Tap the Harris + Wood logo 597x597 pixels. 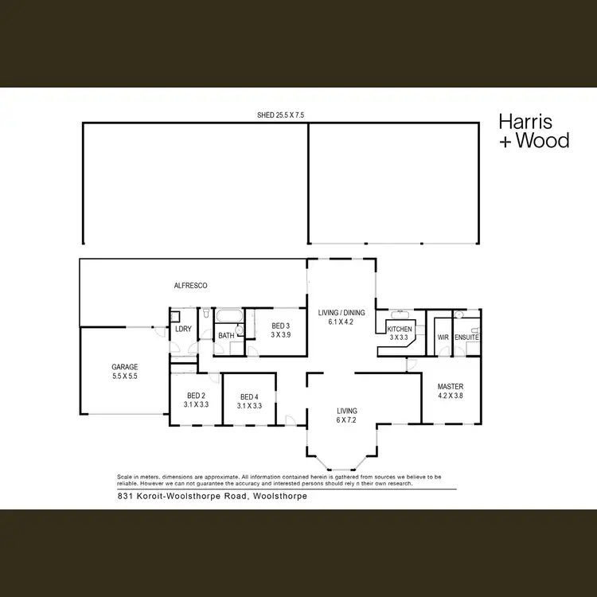[x=533, y=131]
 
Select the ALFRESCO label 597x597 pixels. [x=191, y=285]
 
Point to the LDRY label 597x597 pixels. [x=183, y=329]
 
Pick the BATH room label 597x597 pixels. [x=226, y=336]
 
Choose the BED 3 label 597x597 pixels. [x=279, y=330]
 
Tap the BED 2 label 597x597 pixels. [x=196, y=400]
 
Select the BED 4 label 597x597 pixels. [x=249, y=401]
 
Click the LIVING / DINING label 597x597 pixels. [x=341, y=317]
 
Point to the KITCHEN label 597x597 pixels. [x=399, y=333]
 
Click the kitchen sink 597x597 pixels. [x=400, y=314]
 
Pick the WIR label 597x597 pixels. [x=443, y=338]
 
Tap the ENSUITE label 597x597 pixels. [x=466, y=338]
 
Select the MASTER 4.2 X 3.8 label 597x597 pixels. [x=451, y=391]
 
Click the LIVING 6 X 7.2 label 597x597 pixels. [x=346, y=415]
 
